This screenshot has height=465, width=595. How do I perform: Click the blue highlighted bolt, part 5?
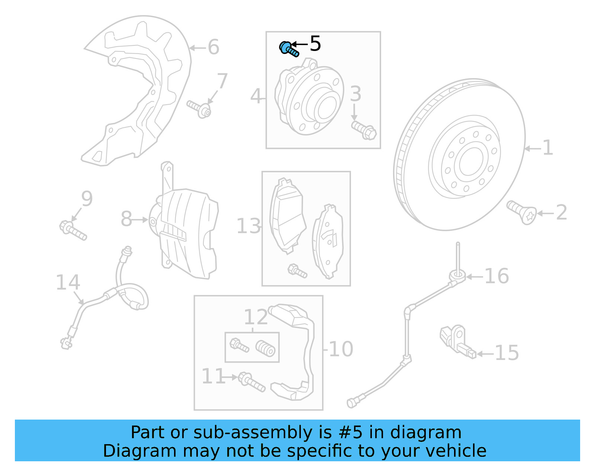click(289, 49)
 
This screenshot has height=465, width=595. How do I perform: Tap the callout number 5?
click(315, 44)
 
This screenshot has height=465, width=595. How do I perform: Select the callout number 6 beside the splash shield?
click(213, 47)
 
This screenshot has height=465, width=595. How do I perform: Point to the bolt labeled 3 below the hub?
click(364, 130)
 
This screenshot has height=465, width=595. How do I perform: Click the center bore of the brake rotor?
click(471, 161)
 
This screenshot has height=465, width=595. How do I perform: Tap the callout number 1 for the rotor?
click(547, 148)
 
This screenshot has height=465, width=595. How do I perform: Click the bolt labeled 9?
click(73, 230)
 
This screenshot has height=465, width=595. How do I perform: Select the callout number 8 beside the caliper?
click(126, 219)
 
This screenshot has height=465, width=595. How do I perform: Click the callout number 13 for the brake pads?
click(248, 226)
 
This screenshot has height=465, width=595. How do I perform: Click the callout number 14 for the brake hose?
click(68, 283)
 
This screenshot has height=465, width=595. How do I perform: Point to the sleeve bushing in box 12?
click(266, 348)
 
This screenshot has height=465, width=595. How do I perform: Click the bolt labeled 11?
click(251, 382)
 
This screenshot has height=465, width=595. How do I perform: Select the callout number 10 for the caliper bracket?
click(341, 349)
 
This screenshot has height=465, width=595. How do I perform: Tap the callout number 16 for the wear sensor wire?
click(496, 277)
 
